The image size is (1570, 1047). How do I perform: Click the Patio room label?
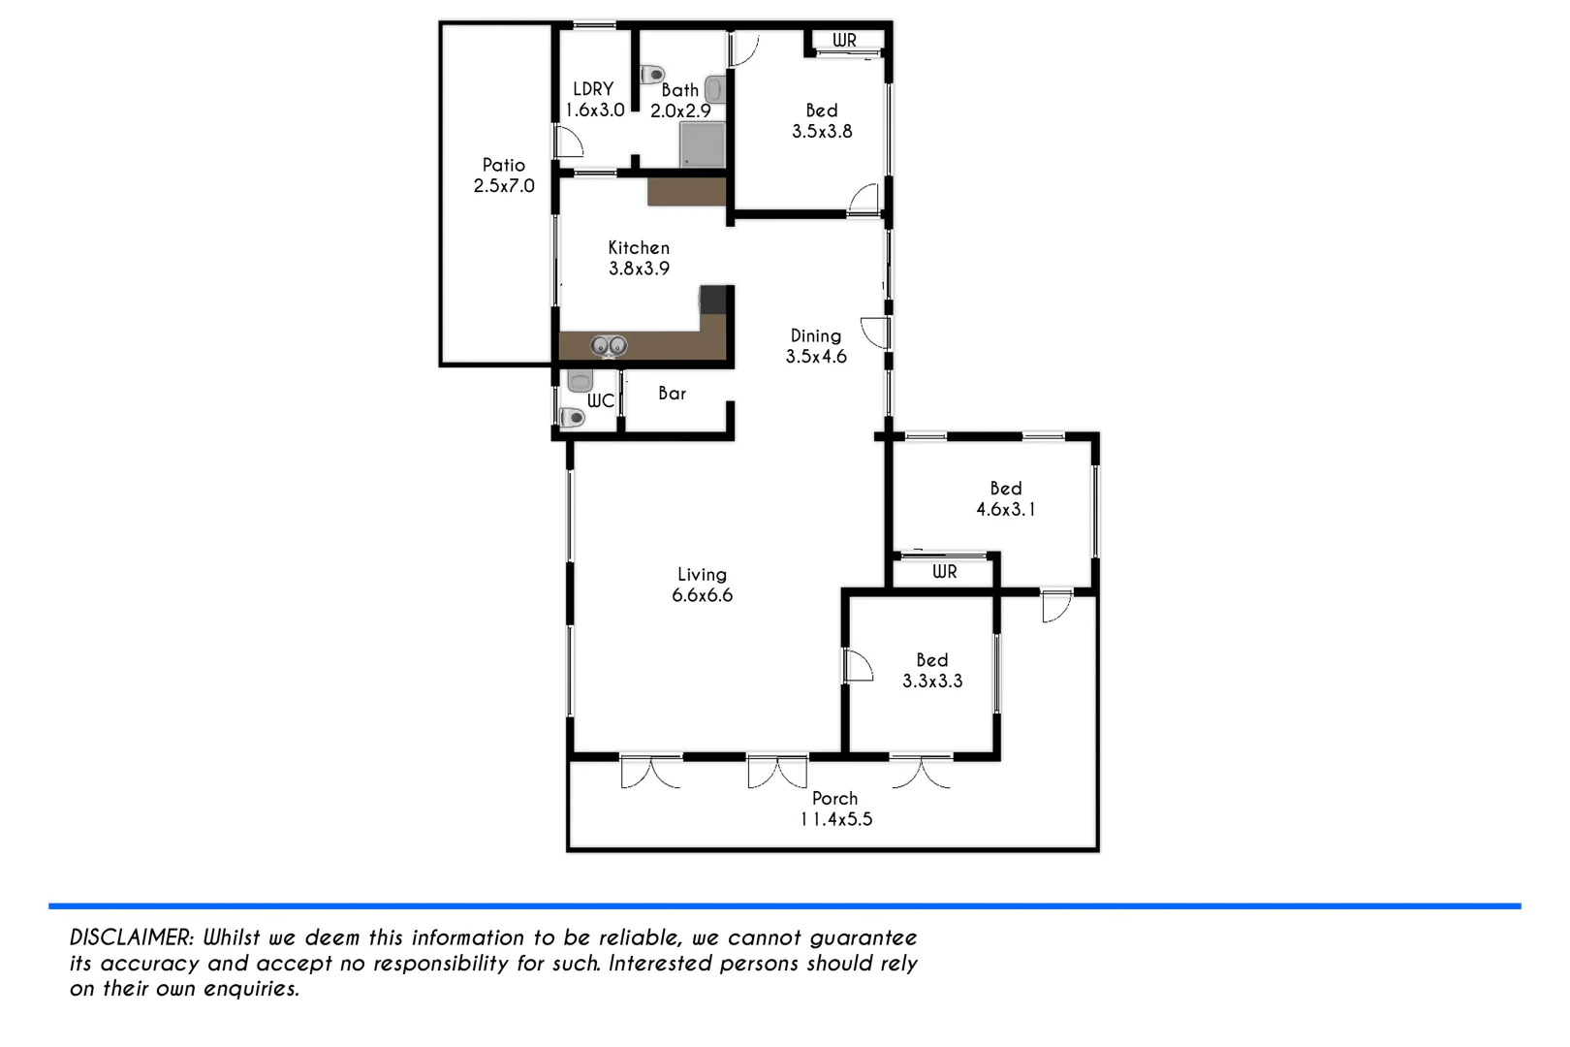(503, 175)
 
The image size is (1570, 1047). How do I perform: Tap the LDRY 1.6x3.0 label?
(594, 100)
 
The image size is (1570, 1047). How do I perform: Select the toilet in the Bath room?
(654, 74)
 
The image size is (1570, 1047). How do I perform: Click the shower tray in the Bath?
(702, 144)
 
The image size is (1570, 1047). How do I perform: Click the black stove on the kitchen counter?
(714, 300)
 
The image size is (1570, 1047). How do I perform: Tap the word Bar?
(672, 394)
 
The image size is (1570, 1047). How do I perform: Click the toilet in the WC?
(573, 418)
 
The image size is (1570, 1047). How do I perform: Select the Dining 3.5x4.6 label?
(816, 346)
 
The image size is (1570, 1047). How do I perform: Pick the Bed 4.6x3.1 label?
(1006, 499)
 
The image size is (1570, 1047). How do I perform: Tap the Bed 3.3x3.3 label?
(932, 671)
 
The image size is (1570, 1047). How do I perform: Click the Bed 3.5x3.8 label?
(822, 121)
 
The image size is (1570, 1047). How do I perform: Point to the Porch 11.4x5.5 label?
(835, 809)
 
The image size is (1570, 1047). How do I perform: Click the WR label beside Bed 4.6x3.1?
(944, 572)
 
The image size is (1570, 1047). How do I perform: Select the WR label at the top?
(844, 41)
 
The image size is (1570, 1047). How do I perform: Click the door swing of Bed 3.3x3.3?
(858, 666)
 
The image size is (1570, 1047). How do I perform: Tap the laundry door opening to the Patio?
(568, 143)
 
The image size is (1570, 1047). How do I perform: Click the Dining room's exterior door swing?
(875, 333)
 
